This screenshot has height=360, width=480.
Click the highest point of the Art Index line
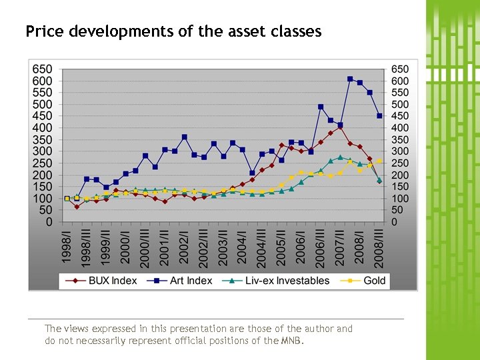[350, 79]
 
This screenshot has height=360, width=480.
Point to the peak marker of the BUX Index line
[340, 126]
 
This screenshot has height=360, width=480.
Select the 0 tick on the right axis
[395, 222]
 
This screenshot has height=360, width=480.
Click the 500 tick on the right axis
[400, 105]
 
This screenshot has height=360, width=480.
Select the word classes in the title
[298, 31]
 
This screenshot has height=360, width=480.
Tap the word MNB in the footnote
[291, 341]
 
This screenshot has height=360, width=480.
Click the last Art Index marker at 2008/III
[379, 116]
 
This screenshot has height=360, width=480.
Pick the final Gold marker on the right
[379, 161]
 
